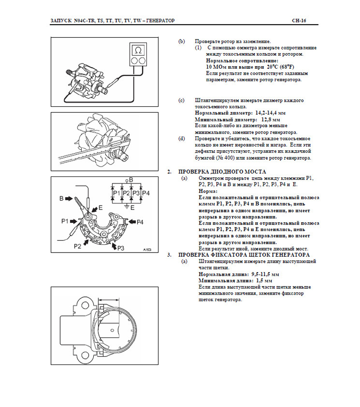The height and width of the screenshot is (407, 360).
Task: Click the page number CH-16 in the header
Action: pos(298,21)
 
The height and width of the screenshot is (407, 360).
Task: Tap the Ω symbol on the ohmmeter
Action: pos(138,50)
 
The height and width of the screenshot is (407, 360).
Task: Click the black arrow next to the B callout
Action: pos(70,198)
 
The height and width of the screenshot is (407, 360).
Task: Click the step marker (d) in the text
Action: pos(181,139)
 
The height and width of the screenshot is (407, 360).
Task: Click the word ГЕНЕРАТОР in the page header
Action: pos(158,21)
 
